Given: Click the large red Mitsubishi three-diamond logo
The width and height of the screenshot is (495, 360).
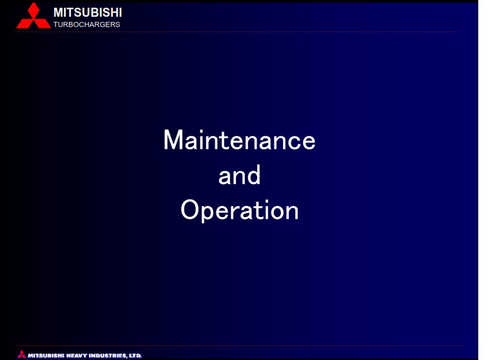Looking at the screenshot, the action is (x=34, y=15).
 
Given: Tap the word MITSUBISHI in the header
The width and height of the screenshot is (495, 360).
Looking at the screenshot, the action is (x=88, y=13).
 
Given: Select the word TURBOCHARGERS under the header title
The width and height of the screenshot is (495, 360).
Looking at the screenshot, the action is (x=87, y=24).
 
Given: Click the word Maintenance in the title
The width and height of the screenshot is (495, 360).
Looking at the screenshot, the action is (x=239, y=140).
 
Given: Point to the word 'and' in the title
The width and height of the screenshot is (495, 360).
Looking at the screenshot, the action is (x=239, y=175).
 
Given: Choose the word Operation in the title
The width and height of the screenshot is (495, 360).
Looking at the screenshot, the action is (x=240, y=211).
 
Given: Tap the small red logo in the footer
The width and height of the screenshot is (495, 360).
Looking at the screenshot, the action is (x=21, y=354).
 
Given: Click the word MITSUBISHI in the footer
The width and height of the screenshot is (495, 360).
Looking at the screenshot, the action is (x=46, y=355).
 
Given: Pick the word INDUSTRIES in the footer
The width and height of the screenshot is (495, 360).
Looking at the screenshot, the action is (x=108, y=355).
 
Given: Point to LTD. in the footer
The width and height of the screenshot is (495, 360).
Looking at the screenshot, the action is (x=135, y=355).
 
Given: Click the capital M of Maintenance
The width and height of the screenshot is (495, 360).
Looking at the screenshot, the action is (x=173, y=140).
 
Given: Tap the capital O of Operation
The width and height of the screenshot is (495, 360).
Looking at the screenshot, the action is (x=190, y=209).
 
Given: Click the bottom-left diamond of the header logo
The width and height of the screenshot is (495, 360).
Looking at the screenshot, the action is (x=25, y=23).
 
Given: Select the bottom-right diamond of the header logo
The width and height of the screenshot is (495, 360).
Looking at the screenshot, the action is (x=42, y=23).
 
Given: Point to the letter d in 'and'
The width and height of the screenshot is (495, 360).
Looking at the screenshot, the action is (x=253, y=175).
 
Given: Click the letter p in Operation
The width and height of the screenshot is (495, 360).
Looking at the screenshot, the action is (x=210, y=213).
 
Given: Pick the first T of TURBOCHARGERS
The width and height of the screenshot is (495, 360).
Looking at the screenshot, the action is (x=56, y=24).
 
